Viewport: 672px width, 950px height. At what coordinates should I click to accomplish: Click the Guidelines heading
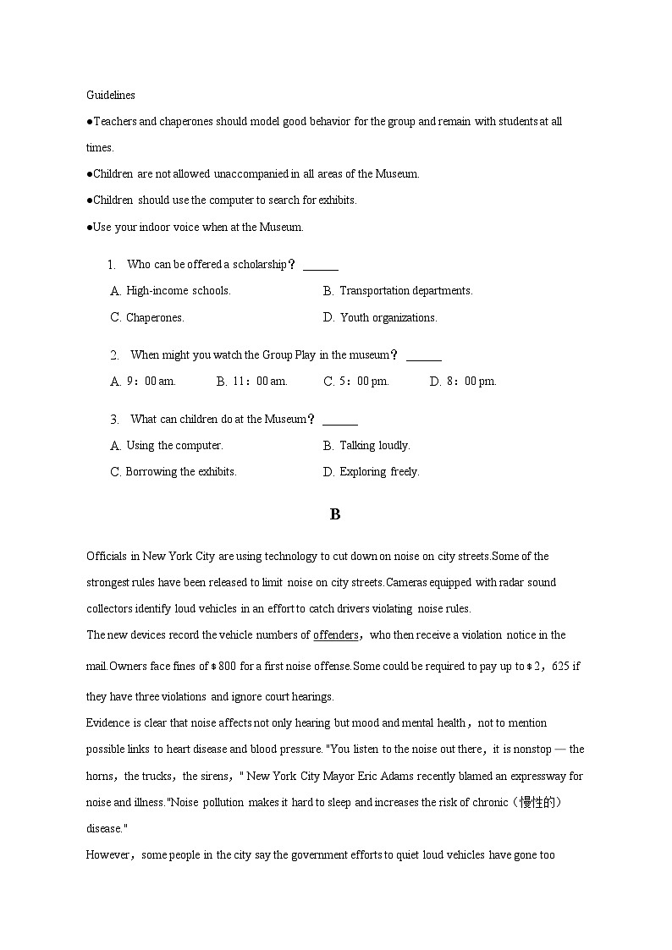pos(110,95)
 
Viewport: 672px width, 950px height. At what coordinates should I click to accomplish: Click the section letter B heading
pos(335,514)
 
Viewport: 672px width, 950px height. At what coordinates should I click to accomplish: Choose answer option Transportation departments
pos(397,291)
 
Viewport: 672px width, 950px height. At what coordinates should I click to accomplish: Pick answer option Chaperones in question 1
pos(147,318)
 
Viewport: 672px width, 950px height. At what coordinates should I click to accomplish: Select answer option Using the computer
pos(167,446)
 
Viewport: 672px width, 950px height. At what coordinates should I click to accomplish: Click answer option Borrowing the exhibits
pos(174,472)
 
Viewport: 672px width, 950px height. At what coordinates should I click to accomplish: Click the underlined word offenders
pos(336,635)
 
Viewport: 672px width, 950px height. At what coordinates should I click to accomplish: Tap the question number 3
pos(114,420)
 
